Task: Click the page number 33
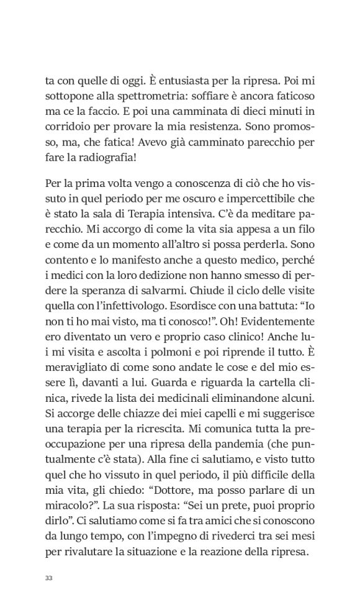click(x=49, y=578)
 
